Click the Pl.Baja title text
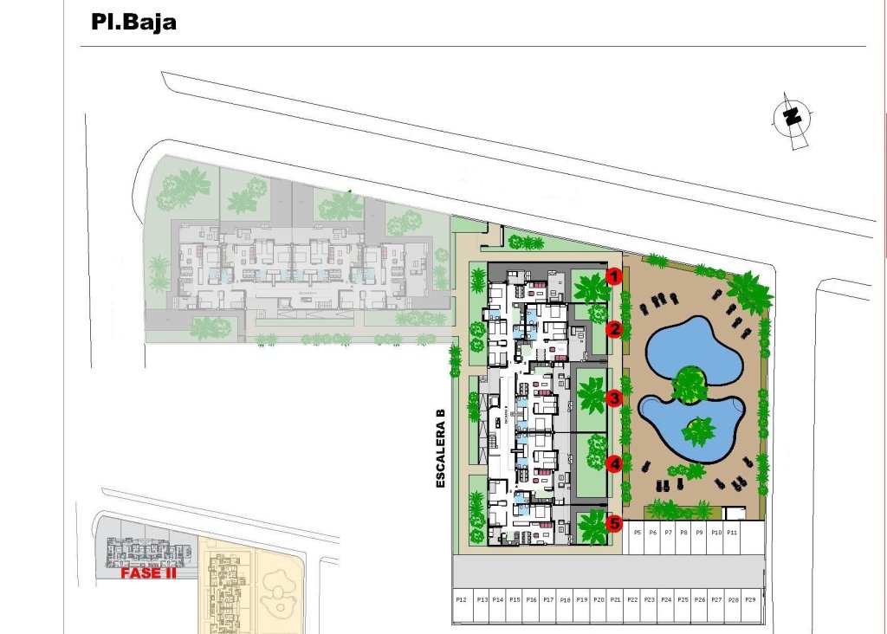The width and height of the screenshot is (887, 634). (x=133, y=22)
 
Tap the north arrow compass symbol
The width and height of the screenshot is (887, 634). (x=791, y=119)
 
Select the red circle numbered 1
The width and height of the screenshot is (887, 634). (x=614, y=277)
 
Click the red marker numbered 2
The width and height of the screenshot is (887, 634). (x=614, y=329)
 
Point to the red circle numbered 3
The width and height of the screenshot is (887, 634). (x=614, y=398)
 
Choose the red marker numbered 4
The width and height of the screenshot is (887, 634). (x=614, y=463)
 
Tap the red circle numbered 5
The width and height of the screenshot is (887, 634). (x=614, y=523)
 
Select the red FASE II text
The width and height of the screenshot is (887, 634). (x=148, y=573)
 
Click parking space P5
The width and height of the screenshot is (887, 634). (x=637, y=532)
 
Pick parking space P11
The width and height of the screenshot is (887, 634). (x=731, y=532)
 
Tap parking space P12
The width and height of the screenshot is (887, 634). (x=461, y=599)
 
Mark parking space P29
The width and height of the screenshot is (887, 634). (x=750, y=599)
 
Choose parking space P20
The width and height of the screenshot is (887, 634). (x=598, y=599)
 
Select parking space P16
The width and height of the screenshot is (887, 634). (x=531, y=599)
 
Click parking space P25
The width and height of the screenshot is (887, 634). (x=683, y=599)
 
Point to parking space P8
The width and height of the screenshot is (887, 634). (x=683, y=532)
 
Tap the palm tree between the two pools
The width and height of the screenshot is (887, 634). (x=690, y=384)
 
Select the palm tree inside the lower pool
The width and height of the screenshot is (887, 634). (x=698, y=429)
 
